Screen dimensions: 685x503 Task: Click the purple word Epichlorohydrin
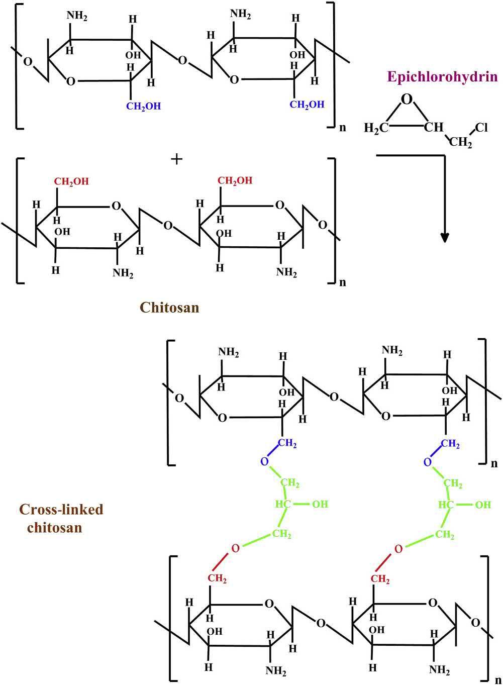click(442, 77)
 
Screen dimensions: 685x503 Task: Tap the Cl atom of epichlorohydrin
click(481, 128)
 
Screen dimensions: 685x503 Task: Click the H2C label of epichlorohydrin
click(376, 129)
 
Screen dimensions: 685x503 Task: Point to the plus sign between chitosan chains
click(176, 159)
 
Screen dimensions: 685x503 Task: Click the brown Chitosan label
click(169, 307)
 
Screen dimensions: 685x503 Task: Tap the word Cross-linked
click(61, 510)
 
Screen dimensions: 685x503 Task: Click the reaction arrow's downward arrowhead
click(444, 237)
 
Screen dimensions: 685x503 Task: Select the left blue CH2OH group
click(143, 107)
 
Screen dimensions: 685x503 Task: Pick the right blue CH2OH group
click(307, 105)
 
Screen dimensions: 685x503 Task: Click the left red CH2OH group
click(71, 181)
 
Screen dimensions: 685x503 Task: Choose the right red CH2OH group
click(235, 180)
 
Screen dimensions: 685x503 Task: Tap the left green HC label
click(283, 504)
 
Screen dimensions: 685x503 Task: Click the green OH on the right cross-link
click(483, 504)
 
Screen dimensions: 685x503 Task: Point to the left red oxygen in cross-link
click(235, 548)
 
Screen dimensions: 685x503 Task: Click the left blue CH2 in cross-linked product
click(287, 443)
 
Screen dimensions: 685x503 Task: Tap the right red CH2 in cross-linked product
click(380, 579)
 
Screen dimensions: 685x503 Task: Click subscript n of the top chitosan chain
click(343, 128)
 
